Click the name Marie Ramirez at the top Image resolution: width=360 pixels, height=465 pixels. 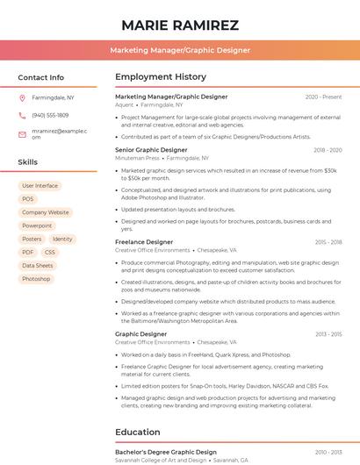(180, 25)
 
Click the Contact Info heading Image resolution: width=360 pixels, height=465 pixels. (41, 77)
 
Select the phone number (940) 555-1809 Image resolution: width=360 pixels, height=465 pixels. (50, 115)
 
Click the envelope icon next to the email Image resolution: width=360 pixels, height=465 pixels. (23, 133)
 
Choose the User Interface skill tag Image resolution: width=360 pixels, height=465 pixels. (40, 186)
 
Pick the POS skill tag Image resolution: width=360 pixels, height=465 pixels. (27, 199)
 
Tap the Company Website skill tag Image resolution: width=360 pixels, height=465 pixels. (46, 212)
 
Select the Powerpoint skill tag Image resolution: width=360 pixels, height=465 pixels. (37, 225)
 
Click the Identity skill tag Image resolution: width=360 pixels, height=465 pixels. (62, 239)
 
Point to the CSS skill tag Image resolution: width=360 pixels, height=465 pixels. (50, 252)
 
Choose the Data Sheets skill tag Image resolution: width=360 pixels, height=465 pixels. (38, 266)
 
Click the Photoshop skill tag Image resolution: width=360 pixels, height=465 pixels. (36, 279)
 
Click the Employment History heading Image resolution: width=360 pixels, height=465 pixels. (161, 77)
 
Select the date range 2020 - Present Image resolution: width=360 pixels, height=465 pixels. (323, 97)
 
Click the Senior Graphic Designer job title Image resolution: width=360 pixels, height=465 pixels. (151, 150)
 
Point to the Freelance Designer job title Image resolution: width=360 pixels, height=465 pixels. (144, 241)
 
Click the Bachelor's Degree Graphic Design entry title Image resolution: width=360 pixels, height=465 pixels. (166, 452)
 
